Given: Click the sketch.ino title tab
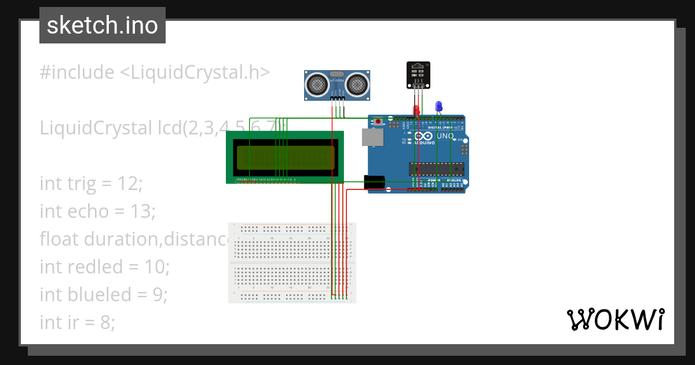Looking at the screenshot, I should (x=102, y=25).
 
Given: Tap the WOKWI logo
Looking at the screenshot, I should (x=615, y=319).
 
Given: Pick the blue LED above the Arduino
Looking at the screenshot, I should (x=438, y=106).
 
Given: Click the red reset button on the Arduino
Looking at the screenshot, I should (x=378, y=122).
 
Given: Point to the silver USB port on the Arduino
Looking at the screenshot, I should (x=371, y=137).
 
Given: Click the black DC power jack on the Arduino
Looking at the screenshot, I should (x=374, y=182).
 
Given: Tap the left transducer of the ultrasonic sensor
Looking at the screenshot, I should (x=317, y=85).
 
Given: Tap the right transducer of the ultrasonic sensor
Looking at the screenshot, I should (x=356, y=85).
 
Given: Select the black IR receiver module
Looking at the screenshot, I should (x=418, y=74).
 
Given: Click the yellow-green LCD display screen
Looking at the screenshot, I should (x=285, y=158).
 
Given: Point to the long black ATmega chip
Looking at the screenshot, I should (x=436, y=169).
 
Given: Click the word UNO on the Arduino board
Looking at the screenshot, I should (x=445, y=136).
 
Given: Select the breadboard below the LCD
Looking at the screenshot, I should (x=292, y=262).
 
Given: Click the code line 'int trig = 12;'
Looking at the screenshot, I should (x=91, y=184).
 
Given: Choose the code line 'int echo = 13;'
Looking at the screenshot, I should (x=97, y=211).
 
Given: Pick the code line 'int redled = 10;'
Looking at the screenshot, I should (x=104, y=267).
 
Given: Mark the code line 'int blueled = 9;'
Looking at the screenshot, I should (x=103, y=295).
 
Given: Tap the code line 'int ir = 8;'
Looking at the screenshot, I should (x=77, y=323).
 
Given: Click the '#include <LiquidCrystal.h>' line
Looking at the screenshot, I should (x=155, y=72).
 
